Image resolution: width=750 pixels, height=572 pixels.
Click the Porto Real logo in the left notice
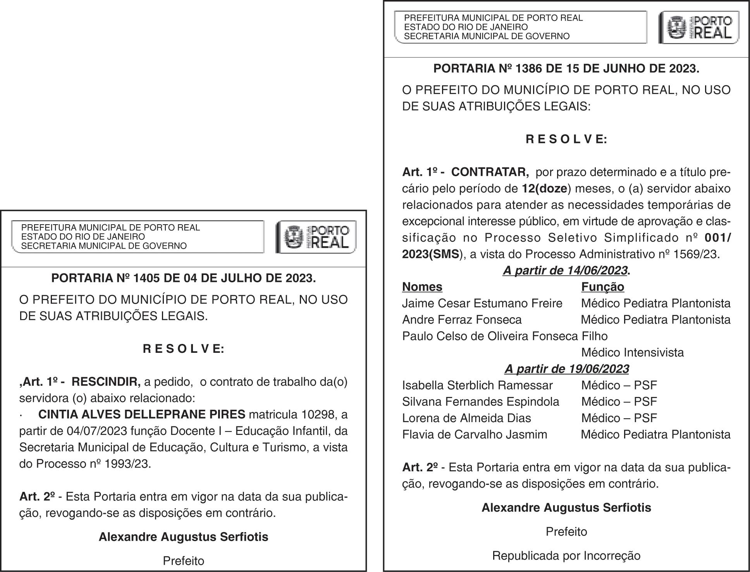316,237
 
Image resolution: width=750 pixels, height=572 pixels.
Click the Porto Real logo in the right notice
698,27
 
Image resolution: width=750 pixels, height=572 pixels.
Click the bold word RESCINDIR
106,382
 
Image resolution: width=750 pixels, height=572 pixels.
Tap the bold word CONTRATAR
490,172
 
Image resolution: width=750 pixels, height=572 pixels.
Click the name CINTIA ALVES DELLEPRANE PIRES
142,415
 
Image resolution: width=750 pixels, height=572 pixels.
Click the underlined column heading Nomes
422,287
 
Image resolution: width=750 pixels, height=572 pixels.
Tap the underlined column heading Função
602,287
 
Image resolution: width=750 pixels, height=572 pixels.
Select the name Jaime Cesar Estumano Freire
482,303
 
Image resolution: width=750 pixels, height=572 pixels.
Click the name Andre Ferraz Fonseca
462,320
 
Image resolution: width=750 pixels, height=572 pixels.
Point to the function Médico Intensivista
632,353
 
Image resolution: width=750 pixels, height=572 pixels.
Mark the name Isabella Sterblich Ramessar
477,386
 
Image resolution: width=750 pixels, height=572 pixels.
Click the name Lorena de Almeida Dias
466,418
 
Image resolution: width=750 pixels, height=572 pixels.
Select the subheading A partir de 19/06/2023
566,369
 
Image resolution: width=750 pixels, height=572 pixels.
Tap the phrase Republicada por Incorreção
566,556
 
